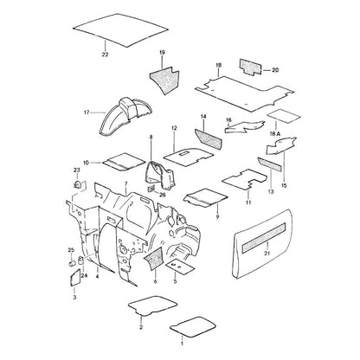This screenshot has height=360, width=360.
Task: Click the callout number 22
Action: pyautogui.click(x=105, y=55)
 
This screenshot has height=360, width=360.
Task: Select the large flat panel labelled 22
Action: pyautogui.click(x=120, y=30)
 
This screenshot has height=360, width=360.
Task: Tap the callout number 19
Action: pyautogui.click(x=162, y=53)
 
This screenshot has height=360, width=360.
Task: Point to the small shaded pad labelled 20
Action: pyautogui.click(x=250, y=67)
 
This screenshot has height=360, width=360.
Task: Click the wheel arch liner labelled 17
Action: pyautogui.click(x=127, y=115)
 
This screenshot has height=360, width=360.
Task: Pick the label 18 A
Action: pyautogui.click(x=275, y=134)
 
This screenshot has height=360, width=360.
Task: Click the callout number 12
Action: pyautogui.click(x=174, y=128)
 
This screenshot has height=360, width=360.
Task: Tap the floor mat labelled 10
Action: pyautogui.click(x=125, y=161)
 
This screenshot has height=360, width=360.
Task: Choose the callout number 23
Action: pyautogui.click(x=76, y=170)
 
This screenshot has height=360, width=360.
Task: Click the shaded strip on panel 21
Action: pyautogui.click(x=264, y=238)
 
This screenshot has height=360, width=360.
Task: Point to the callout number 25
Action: pyautogui.click(x=71, y=250)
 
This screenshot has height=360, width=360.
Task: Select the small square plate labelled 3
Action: pyautogui.click(x=75, y=277)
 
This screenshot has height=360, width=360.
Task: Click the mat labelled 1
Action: pyautogui.click(x=193, y=326)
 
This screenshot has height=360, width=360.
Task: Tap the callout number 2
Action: pyautogui.click(x=141, y=327)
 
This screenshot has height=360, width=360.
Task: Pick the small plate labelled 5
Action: pyautogui.click(x=180, y=266)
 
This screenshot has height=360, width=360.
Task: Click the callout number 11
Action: pyautogui.click(x=248, y=202)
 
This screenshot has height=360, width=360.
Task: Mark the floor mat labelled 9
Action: pyautogui.click(x=205, y=198)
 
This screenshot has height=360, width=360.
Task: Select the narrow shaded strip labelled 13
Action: pyautogui.click(x=269, y=164)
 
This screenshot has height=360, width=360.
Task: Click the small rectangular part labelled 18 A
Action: pyautogui.click(x=284, y=116)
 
